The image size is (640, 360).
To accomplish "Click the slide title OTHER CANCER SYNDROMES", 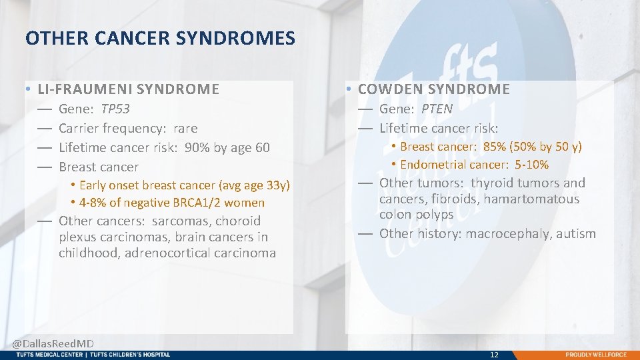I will click(160, 39).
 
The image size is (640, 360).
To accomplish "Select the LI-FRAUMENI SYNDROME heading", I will click(128, 89).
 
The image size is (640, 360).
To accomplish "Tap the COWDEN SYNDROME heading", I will click(434, 89).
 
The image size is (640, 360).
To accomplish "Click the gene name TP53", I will click(115, 109).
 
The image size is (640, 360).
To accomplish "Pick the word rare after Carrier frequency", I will click(185, 128).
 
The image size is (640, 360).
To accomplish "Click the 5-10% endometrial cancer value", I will click(531, 165).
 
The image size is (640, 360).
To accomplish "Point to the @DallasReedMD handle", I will click(53, 343).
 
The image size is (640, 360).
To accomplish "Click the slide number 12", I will click(494, 355).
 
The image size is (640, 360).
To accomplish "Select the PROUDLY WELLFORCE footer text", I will click(596, 355).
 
